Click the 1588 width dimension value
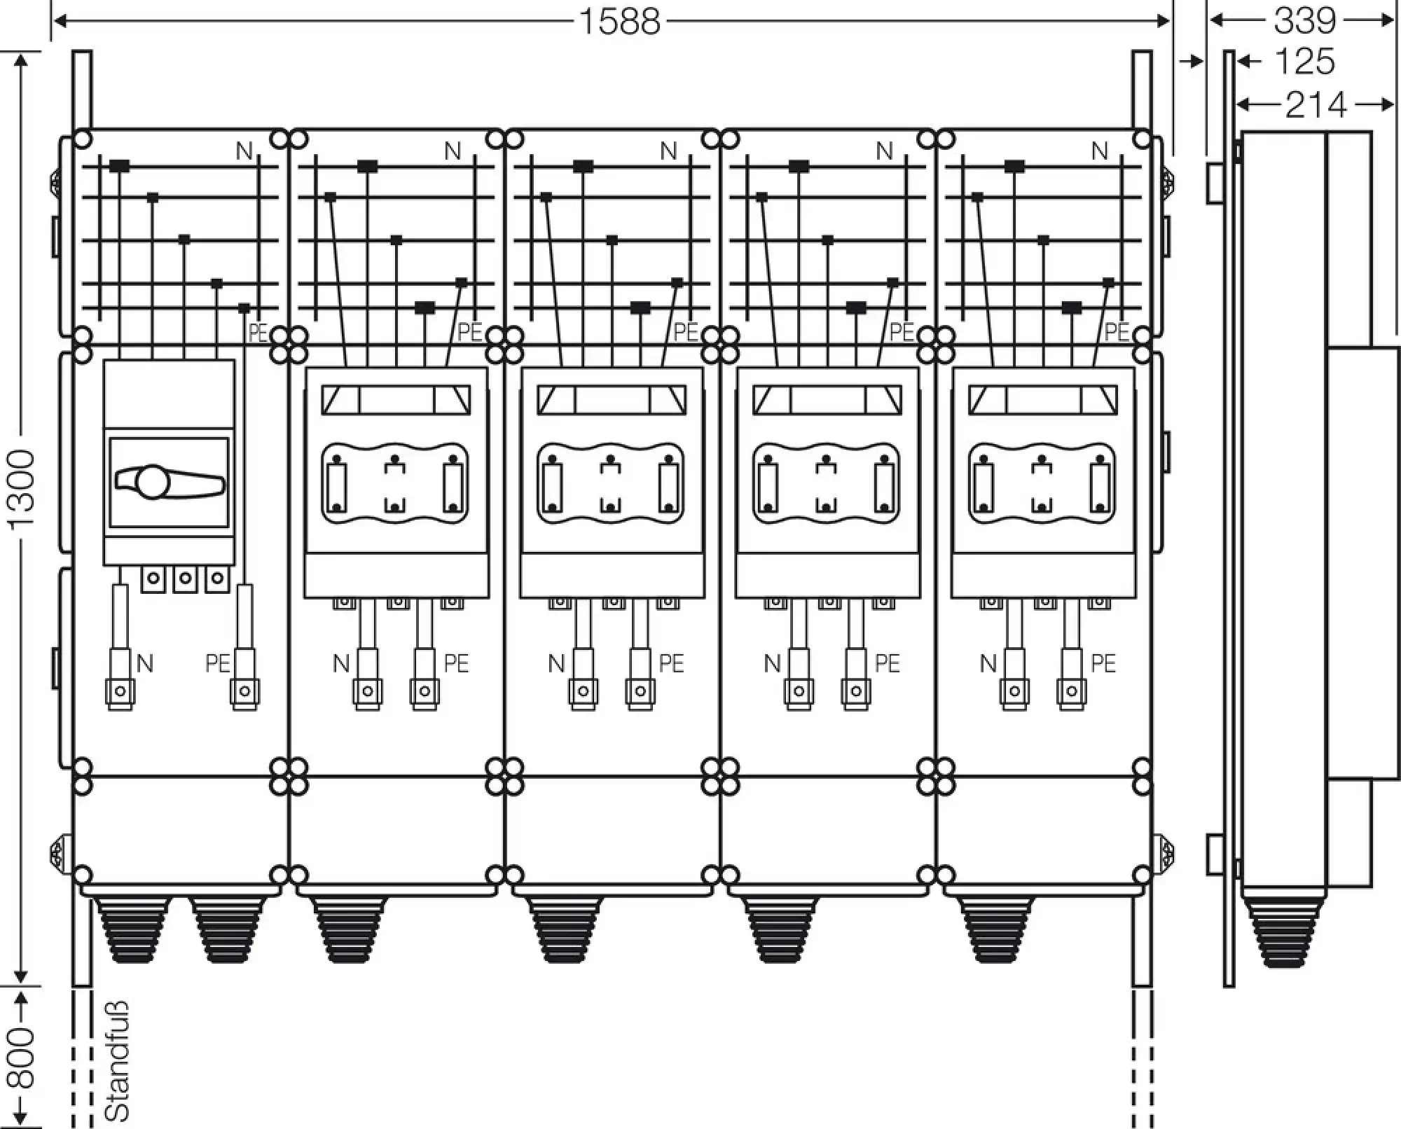tap(620, 22)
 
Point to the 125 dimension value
tap(1304, 62)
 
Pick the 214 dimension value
tap(1316, 105)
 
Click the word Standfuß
tap(117, 1061)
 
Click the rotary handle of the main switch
tap(168, 483)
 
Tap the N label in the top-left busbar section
tap(244, 151)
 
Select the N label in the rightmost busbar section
tap(1100, 151)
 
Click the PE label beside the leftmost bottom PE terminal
tap(218, 663)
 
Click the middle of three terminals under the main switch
tap(185, 579)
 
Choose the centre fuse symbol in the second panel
tap(396, 483)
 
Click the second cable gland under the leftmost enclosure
tap(229, 929)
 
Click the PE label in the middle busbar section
tap(686, 332)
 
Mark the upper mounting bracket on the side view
tap(1215, 183)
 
